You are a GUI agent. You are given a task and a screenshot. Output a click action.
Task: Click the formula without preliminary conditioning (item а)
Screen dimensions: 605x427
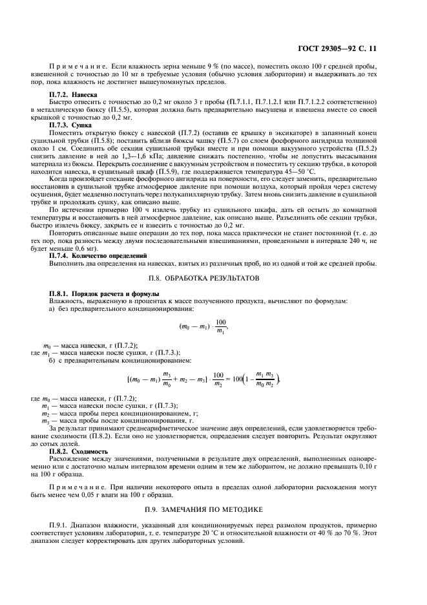[x=204, y=326]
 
